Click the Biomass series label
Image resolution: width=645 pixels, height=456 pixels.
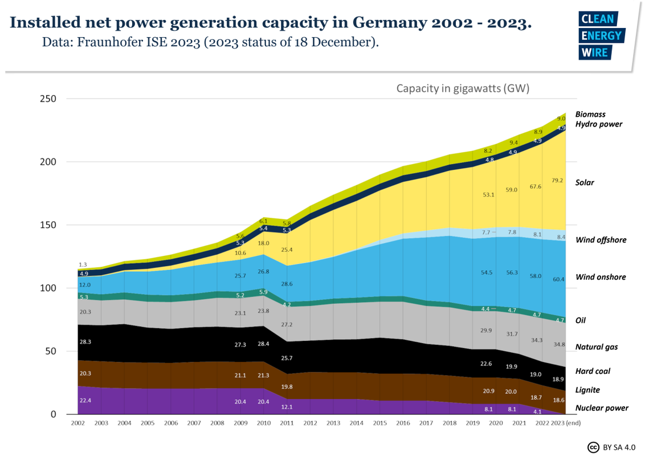point(590,114)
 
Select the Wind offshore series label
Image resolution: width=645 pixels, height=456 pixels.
point(601,239)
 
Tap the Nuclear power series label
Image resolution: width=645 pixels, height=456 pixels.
point(602,408)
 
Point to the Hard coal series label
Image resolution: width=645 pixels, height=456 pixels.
point(593,371)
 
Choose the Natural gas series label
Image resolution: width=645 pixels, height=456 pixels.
point(597,347)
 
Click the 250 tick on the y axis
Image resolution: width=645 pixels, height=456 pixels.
point(48,99)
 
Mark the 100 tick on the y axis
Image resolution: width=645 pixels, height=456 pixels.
point(48,288)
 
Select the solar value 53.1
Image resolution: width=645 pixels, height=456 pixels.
point(488,194)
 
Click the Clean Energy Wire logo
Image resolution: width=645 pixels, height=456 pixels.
point(601,36)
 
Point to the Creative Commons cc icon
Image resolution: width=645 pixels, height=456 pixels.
point(593,446)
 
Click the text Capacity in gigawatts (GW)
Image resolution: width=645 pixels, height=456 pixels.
point(463,88)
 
